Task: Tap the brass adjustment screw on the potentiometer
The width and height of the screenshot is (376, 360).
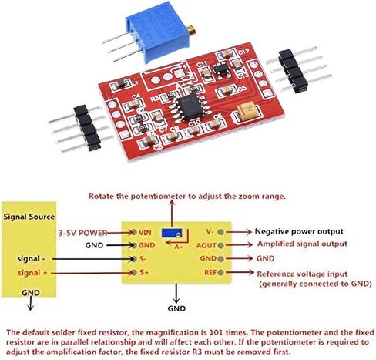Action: click(x=191, y=29)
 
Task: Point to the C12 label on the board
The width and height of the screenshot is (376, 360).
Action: click(x=243, y=52)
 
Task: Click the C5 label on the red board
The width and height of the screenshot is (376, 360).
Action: click(x=242, y=89)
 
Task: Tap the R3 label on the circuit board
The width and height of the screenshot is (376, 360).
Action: click(x=155, y=99)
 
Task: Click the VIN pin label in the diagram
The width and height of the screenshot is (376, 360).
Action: click(x=145, y=233)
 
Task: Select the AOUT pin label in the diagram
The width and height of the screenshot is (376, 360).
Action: click(x=206, y=246)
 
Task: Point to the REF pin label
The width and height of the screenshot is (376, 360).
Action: click(x=210, y=272)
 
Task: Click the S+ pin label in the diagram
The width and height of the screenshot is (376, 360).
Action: click(x=144, y=272)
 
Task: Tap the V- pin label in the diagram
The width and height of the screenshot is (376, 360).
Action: click(x=210, y=231)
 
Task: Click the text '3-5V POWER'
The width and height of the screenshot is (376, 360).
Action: click(x=82, y=233)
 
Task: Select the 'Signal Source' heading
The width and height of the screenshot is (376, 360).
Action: click(x=29, y=217)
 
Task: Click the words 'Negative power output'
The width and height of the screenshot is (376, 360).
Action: click(x=299, y=231)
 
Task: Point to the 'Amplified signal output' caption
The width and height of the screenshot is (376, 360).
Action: click(x=302, y=244)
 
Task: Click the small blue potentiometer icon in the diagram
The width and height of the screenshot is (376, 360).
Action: click(x=172, y=233)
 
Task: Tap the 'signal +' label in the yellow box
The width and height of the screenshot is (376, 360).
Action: click(x=32, y=273)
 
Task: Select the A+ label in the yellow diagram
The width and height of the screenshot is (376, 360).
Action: click(x=178, y=247)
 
